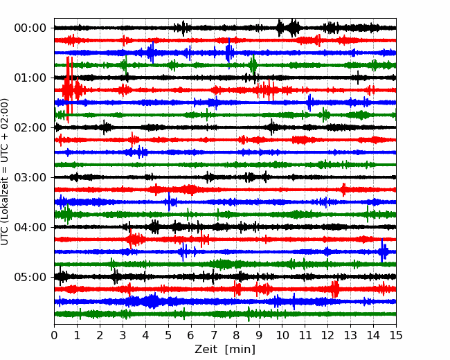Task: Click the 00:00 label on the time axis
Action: [x=30, y=28]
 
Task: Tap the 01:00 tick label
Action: [x=30, y=78]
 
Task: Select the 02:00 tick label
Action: [x=30, y=128]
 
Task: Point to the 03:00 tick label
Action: [x=30, y=177]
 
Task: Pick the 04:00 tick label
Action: [x=30, y=227]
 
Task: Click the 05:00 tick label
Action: [x=30, y=278]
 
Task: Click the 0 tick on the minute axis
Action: [x=54, y=335]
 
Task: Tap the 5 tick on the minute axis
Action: [x=168, y=335]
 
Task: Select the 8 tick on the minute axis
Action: [x=237, y=335]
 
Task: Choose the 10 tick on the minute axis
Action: [x=282, y=335]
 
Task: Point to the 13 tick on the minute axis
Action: [x=350, y=335]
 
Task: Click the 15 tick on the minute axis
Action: [x=396, y=335]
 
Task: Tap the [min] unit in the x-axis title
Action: [x=240, y=350]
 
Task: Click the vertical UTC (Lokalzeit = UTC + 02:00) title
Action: [x=5, y=172]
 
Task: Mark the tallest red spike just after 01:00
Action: [x=68, y=89]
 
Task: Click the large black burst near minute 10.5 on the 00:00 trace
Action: [x=293, y=28]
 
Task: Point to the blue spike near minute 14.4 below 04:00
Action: [x=382, y=251]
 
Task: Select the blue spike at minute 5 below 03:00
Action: [x=169, y=201]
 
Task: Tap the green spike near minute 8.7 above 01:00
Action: [x=253, y=64]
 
